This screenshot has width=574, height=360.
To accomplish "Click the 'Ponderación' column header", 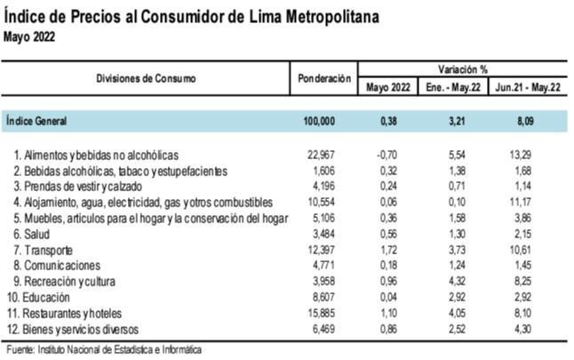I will [x=323, y=79].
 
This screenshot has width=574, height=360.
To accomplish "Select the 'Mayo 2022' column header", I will [x=387, y=88].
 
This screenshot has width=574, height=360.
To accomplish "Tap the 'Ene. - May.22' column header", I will [x=457, y=88].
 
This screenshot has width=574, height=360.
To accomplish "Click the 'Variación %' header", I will [x=462, y=68].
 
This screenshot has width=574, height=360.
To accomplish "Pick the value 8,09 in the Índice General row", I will [x=530, y=119].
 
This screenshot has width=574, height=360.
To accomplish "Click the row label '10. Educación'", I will [x=47, y=299].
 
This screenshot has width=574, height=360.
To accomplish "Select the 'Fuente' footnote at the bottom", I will [x=102, y=350].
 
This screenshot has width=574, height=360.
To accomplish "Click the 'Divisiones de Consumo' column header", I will [x=147, y=78].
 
